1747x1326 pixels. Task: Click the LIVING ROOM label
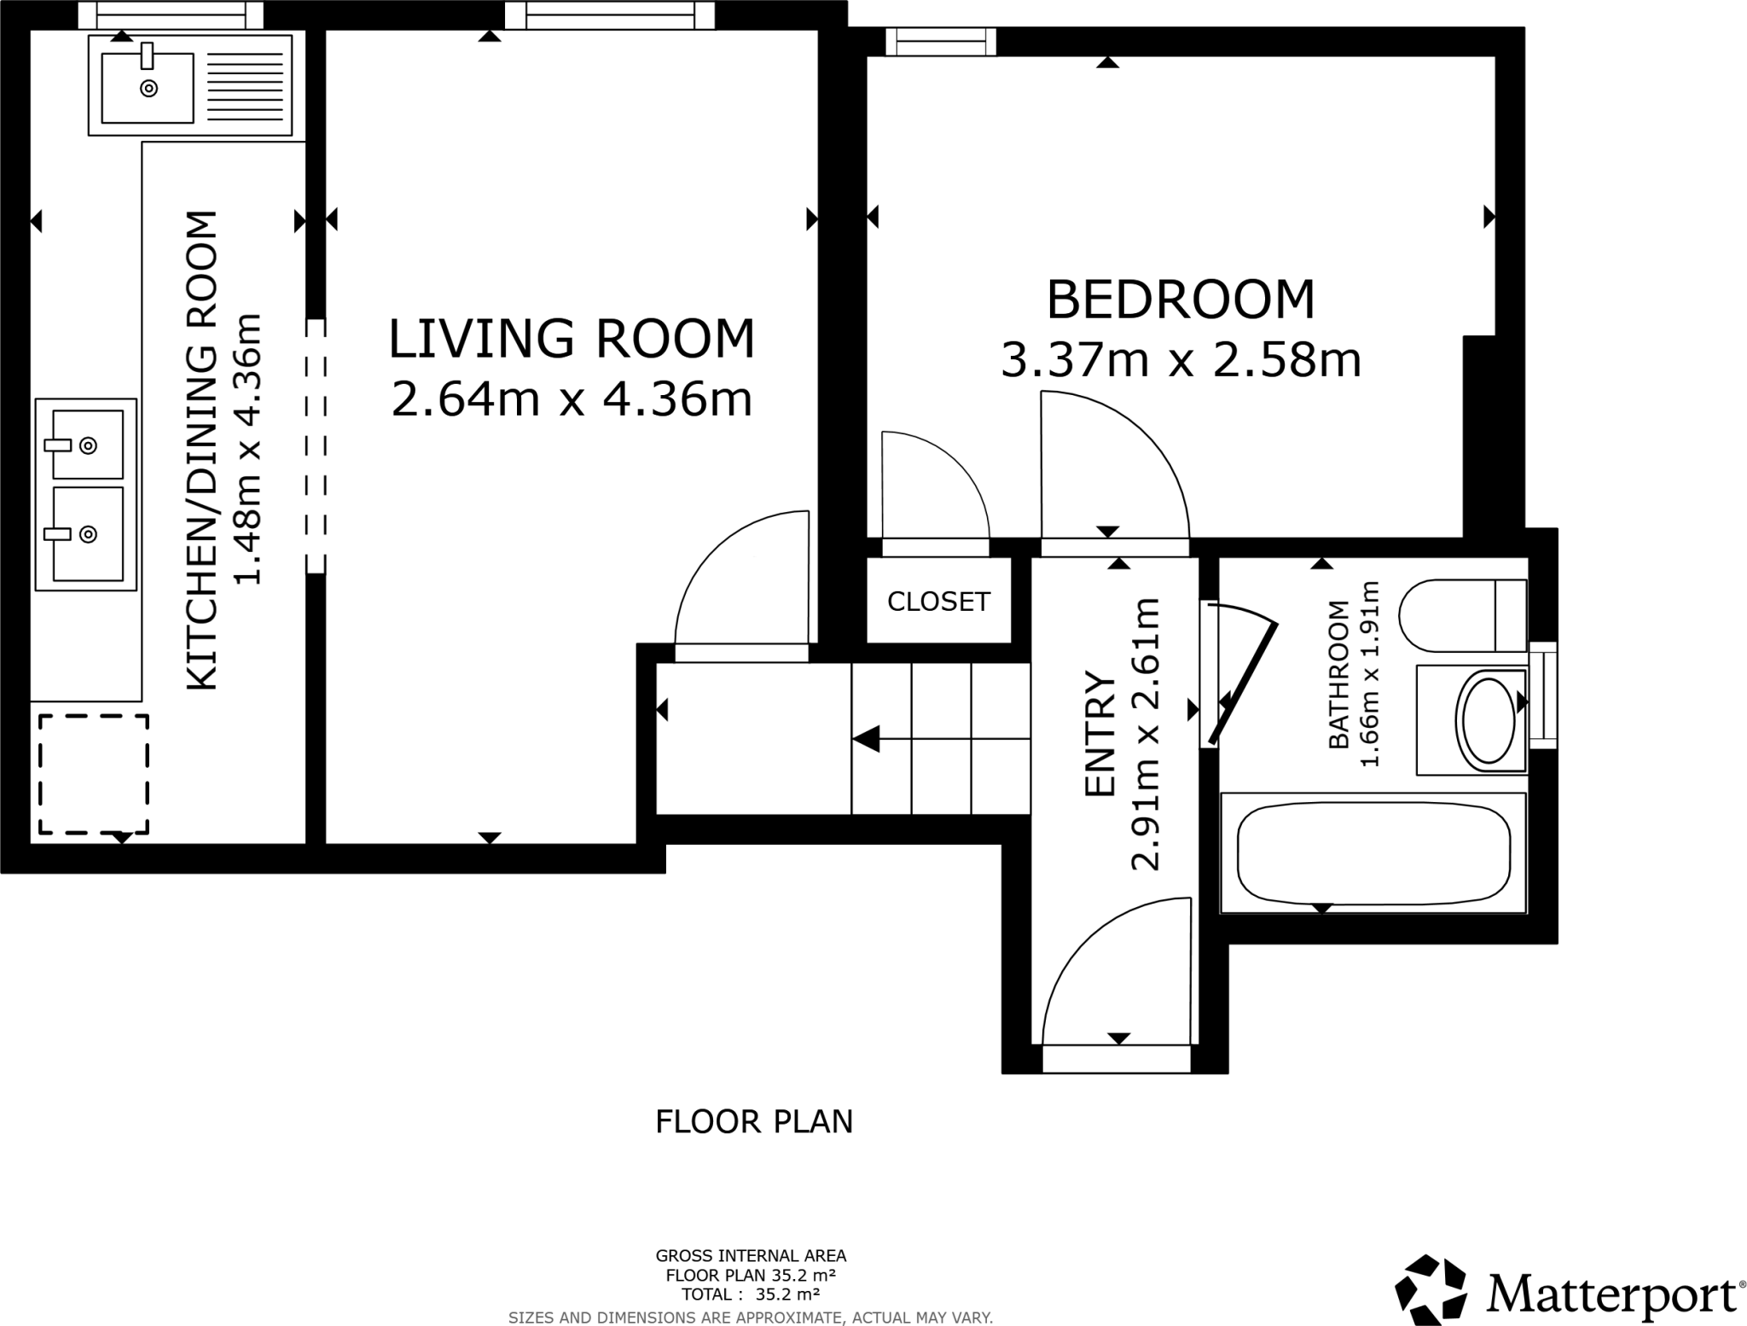tap(572, 339)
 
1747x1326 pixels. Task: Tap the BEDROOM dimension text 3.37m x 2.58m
tap(1180, 360)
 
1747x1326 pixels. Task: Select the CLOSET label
tap(938, 602)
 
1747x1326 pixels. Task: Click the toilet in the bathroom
tap(1462, 615)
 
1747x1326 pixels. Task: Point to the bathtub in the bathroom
tap(1373, 852)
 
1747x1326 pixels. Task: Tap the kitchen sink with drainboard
tap(189, 85)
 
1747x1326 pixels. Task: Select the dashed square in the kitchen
tap(93, 774)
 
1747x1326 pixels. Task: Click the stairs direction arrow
tap(867, 739)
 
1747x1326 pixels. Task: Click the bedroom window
tap(941, 41)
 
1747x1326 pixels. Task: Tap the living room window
tap(609, 15)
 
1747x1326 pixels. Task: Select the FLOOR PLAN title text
tap(754, 1122)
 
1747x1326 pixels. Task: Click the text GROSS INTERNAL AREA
tap(751, 1255)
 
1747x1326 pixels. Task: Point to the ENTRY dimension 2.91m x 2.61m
tap(1146, 734)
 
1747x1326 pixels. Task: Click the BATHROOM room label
tap(1339, 674)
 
